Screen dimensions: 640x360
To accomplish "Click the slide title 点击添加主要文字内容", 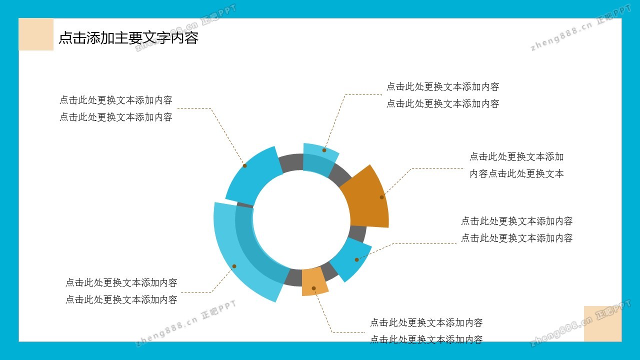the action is (128, 38).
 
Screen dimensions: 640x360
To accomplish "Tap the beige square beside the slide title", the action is (36, 34).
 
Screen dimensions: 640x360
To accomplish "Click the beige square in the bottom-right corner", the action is (602, 323).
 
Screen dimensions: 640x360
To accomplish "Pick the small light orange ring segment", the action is (314, 281).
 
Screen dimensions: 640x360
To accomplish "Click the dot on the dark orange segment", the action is (381, 197).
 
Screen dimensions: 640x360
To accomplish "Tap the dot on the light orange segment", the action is (313, 288).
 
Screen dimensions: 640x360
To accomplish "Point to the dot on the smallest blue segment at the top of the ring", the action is (324, 150).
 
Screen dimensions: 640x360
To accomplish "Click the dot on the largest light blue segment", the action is (234, 266).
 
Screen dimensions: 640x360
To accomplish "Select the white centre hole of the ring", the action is (301, 220).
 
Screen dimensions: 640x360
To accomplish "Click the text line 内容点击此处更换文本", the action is (516, 173).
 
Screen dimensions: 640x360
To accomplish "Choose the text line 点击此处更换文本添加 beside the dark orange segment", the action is (516, 157).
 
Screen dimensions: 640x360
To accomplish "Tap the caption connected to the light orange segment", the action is (426, 331).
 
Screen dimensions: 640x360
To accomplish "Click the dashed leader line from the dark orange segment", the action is (411, 168).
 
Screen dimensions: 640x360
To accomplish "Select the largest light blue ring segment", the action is (243, 257).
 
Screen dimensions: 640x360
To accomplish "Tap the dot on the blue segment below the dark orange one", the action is (356, 259).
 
